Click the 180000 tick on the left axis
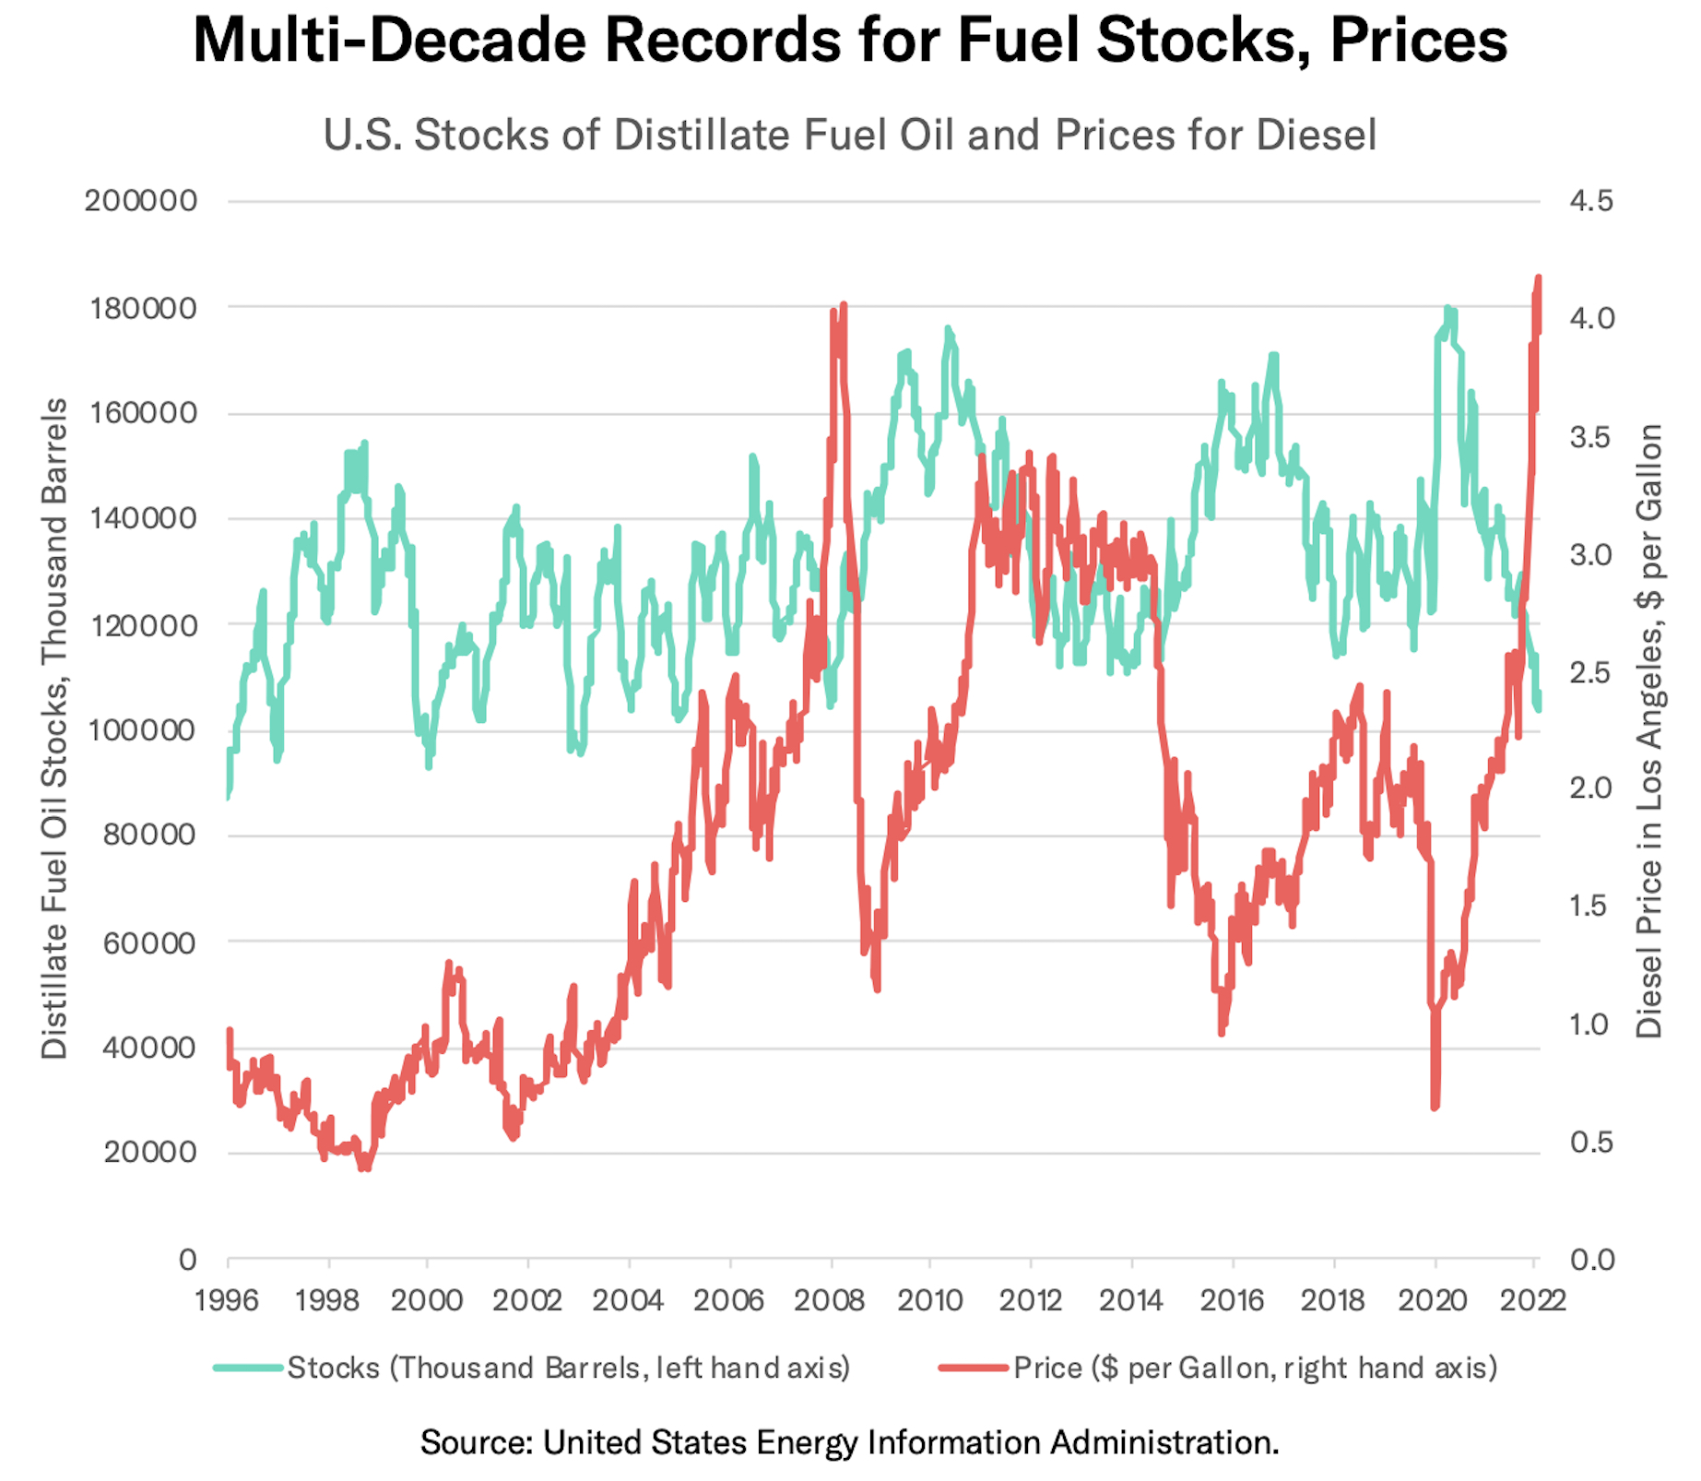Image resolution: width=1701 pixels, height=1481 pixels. [143, 308]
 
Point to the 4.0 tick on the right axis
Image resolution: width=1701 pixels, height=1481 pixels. [1591, 318]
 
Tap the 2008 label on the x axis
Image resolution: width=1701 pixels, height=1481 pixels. [830, 1300]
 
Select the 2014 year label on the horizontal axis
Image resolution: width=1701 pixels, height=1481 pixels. [1131, 1300]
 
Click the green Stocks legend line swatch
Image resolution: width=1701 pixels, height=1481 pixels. [248, 1368]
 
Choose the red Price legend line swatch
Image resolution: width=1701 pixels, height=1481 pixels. [974, 1368]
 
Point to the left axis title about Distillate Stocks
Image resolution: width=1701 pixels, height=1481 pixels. [54, 729]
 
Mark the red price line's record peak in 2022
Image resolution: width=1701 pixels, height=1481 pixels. [1538, 278]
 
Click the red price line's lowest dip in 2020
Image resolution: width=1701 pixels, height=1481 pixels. [1435, 1107]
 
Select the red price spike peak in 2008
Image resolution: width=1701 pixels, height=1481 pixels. [844, 304]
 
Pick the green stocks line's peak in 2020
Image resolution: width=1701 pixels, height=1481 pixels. [1447, 310]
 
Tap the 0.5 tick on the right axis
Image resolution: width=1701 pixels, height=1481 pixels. [1591, 1143]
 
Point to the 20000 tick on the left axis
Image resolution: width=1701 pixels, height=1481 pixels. [149, 1152]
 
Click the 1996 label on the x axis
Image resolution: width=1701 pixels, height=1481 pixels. [227, 1300]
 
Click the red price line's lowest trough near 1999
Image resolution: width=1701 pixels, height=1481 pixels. [365, 1167]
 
